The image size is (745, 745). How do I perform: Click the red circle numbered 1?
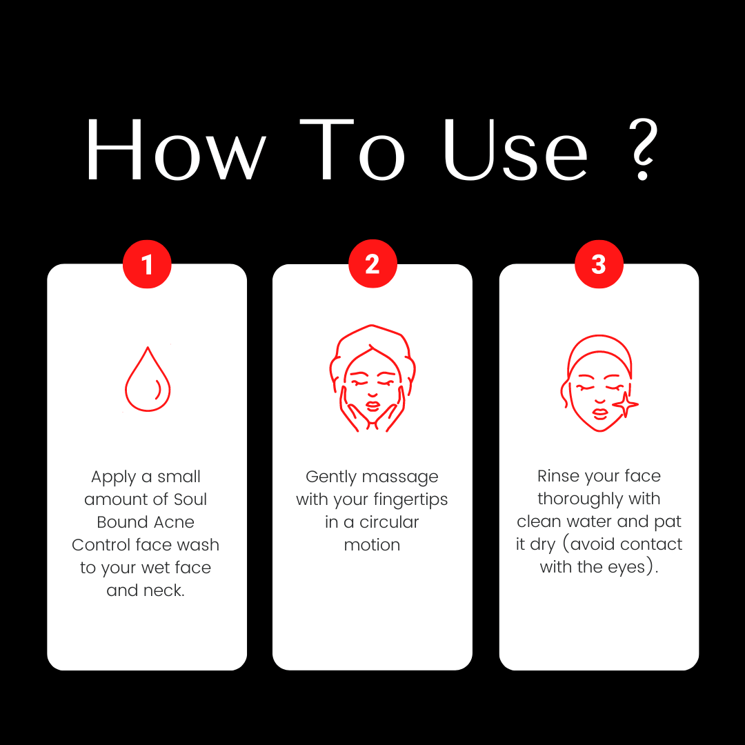pyautogui.click(x=147, y=264)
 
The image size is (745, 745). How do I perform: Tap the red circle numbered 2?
pyautogui.click(x=372, y=264)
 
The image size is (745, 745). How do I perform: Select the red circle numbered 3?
pyautogui.click(x=599, y=264)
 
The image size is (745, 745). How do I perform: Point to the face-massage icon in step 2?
pyautogui.click(x=372, y=378)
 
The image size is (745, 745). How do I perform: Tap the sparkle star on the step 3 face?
pyautogui.click(x=625, y=405)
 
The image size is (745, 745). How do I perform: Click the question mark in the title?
pyautogui.click(x=644, y=149)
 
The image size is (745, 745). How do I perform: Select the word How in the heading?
pyautogui.click(x=176, y=149)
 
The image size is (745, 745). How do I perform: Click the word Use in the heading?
pyautogui.click(x=515, y=149)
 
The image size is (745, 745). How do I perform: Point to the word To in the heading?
pyautogui.click(x=352, y=149)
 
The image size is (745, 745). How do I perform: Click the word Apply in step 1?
pyautogui.click(x=114, y=477)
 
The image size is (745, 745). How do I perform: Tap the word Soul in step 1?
pyautogui.click(x=190, y=499)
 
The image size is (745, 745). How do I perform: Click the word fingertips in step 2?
pyautogui.click(x=410, y=500)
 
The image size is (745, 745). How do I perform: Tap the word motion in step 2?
pyautogui.click(x=372, y=545)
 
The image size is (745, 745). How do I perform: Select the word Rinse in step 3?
pyautogui.click(x=553, y=476)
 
